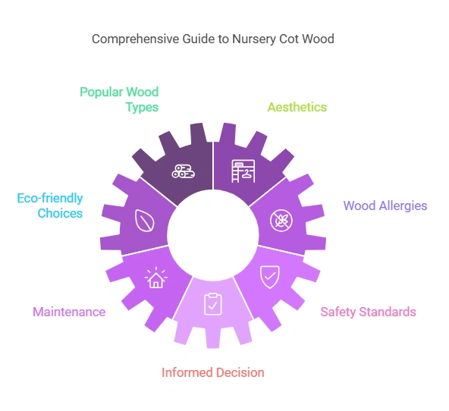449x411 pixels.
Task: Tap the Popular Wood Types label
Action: pyautogui.click(x=119, y=99)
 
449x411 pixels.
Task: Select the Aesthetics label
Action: pyautogui.click(x=297, y=107)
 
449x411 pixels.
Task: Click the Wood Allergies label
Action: pyautogui.click(x=385, y=206)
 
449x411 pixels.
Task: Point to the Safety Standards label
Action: pyautogui.click(x=368, y=312)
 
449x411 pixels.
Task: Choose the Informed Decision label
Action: pyautogui.click(x=213, y=372)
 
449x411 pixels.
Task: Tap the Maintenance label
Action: pyautogui.click(x=69, y=312)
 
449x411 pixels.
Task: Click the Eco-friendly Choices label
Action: pyautogui.click(x=50, y=206)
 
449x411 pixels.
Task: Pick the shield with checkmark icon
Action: pyautogui.click(x=270, y=276)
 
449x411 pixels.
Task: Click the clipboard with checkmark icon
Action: pyautogui.click(x=212, y=304)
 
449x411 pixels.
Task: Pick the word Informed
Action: pyautogui.click(x=187, y=372)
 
